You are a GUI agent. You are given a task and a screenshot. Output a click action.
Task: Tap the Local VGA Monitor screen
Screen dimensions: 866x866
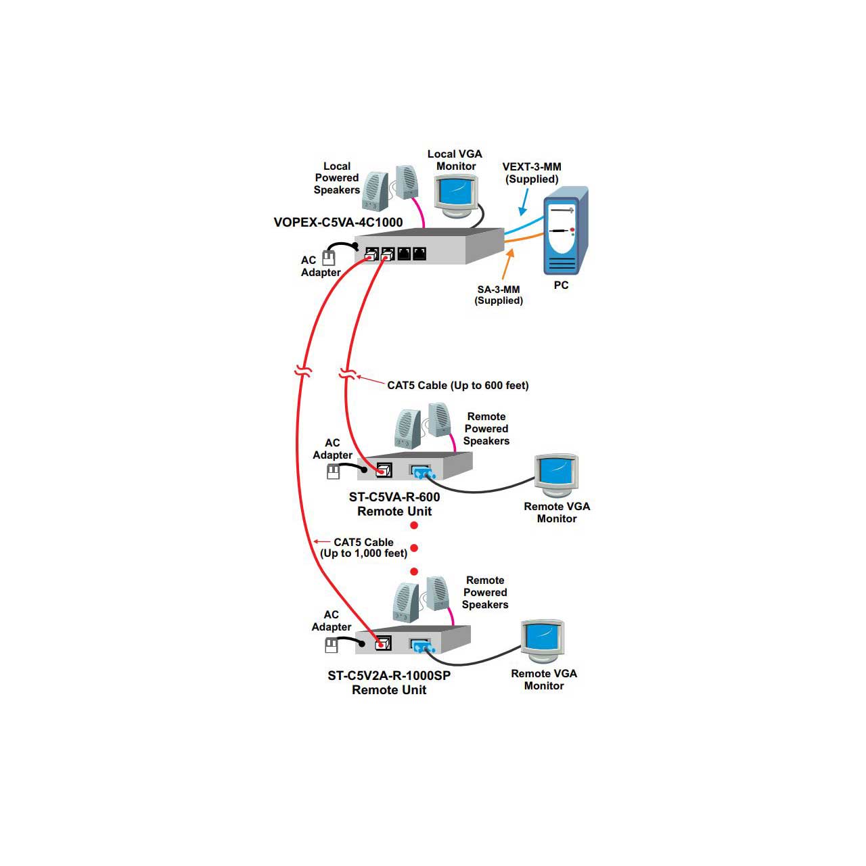(x=455, y=192)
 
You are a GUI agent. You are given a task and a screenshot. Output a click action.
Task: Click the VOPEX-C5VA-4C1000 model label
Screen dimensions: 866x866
(x=338, y=223)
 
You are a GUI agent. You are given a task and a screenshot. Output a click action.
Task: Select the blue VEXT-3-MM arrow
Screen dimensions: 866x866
(x=522, y=202)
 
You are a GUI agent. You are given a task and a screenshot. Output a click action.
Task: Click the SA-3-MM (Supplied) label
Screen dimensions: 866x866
(x=499, y=295)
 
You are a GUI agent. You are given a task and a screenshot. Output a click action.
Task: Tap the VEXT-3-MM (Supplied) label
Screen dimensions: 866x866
(x=532, y=173)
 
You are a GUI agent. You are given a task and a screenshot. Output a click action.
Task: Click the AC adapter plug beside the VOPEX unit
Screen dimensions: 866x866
(x=329, y=258)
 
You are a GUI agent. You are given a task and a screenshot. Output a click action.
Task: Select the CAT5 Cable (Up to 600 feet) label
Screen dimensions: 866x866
(x=457, y=386)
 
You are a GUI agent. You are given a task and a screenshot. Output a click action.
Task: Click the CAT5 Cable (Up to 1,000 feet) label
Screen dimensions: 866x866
(x=363, y=548)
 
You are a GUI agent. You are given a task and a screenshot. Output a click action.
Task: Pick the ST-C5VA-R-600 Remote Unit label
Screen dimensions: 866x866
(x=394, y=504)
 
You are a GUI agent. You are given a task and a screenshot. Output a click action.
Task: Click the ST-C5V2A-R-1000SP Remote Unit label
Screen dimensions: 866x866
(x=389, y=683)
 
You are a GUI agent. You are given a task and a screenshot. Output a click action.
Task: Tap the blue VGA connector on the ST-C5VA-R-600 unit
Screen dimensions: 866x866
(x=421, y=472)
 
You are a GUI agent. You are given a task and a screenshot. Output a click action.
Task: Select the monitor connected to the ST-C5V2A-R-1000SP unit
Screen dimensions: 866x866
(x=543, y=640)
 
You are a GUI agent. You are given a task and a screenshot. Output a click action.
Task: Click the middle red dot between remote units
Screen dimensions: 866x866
(x=414, y=548)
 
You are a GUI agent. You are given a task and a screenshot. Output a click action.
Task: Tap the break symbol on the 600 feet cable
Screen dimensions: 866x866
(x=346, y=374)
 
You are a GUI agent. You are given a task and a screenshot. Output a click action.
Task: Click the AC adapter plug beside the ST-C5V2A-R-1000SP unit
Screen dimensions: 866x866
(x=332, y=646)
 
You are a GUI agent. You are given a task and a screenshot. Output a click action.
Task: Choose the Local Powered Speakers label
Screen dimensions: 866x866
(x=336, y=178)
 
